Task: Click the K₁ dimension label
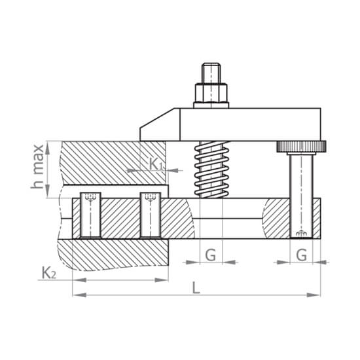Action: (x=156, y=164)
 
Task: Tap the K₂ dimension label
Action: (x=48, y=273)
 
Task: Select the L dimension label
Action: (x=196, y=288)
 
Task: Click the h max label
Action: (x=38, y=166)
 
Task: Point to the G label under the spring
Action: (x=211, y=255)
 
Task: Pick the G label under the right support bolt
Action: (x=302, y=255)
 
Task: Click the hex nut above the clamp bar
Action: (x=211, y=93)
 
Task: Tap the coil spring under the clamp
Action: (x=211, y=170)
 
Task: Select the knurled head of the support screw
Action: (x=301, y=146)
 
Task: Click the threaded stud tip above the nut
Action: (x=211, y=73)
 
